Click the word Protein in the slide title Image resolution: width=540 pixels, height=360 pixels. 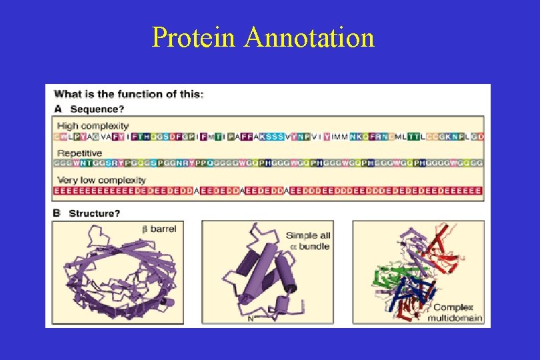pyautogui.click(x=195, y=37)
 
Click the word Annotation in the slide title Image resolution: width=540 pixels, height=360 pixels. pyautogui.click(x=309, y=37)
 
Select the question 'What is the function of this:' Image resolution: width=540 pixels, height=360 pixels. pyautogui.click(x=129, y=94)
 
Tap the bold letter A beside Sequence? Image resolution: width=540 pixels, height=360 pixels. pyautogui.click(x=58, y=109)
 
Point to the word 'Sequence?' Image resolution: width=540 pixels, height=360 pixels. pyautogui.click(x=97, y=109)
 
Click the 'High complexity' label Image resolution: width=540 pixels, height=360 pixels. pyautogui.click(x=93, y=125)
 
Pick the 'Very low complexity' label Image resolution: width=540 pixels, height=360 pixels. pyautogui.click(x=101, y=180)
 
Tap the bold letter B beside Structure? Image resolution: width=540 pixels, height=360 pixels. pyautogui.click(x=57, y=213)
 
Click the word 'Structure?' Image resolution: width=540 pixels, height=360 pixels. pyautogui.click(x=95, y=213)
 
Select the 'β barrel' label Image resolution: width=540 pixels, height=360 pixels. pyautogui.click(x=159, y=229)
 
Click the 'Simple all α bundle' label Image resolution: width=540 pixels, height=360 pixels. pyautogui.click(x=308, y=241)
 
